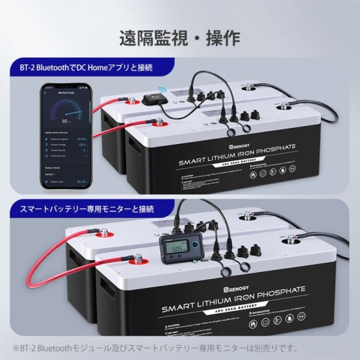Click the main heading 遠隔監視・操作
click(x=180, y=38)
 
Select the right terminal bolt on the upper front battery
click(x=283, y=109)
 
